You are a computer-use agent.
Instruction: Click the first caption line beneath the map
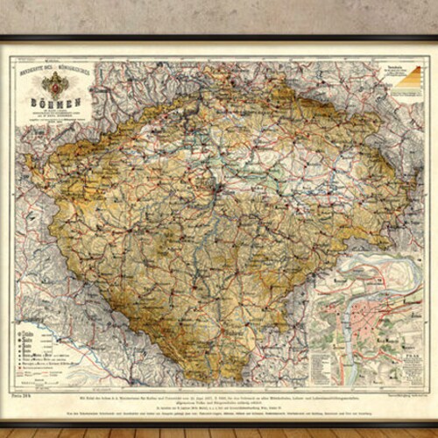click(219, 394)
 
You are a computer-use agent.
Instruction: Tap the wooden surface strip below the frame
click(219, 433)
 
